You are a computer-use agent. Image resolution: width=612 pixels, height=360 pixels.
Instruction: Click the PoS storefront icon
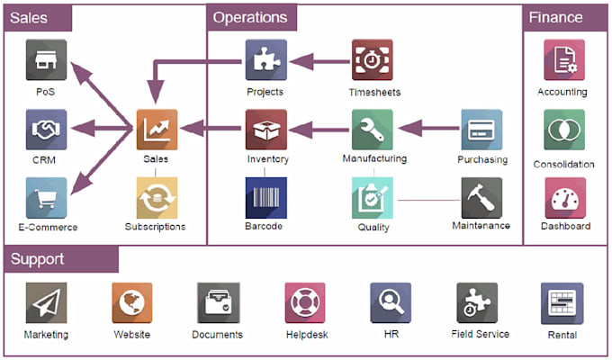point(46,60)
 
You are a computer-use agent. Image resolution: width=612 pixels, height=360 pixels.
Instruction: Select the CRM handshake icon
point(46,130)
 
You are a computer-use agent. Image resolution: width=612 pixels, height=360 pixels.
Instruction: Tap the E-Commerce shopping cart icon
point(46,197)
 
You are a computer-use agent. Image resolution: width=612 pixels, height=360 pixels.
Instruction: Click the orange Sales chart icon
point(157,130)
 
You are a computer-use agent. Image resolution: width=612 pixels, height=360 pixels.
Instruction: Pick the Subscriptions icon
point(157,197)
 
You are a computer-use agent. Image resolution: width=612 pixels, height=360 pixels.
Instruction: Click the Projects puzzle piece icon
point(265,60)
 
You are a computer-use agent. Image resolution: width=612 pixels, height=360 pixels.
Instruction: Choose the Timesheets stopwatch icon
point(372,60)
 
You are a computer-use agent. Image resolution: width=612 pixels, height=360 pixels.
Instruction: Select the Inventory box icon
point(265,130)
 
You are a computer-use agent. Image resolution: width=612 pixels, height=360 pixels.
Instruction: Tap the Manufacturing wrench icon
point(372,130)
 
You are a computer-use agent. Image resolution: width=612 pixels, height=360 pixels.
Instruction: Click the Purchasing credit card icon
point(481,130)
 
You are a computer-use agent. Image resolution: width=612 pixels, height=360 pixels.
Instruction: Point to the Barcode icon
point(265,197)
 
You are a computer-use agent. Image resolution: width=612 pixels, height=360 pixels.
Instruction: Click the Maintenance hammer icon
point(481,197)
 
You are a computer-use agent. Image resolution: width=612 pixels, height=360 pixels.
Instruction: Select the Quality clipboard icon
point(372,197)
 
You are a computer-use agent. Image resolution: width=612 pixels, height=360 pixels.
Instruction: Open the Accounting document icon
point(563,60)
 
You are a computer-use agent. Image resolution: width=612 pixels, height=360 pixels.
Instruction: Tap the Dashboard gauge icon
point(563,197)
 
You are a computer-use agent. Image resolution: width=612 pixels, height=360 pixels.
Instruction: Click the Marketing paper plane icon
point(46,303)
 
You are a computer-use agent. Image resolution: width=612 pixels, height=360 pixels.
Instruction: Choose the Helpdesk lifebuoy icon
point(304,303)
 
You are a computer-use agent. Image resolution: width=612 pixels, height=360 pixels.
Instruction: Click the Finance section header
point(555,17)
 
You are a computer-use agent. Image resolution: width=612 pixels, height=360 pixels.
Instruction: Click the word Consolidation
point(563,165)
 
